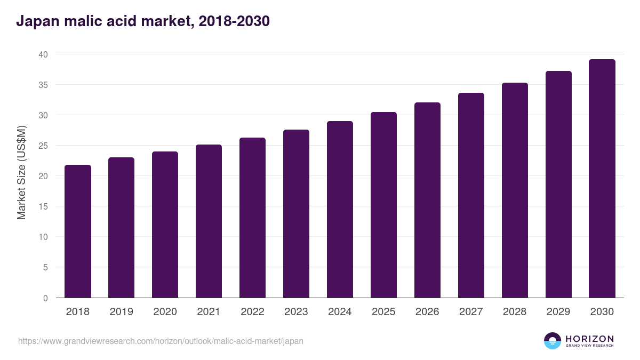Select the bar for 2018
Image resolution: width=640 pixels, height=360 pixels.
click(78, 231)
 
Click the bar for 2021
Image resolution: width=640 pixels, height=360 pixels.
click(209, 221)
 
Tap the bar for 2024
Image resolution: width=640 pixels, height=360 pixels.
click(340, 210)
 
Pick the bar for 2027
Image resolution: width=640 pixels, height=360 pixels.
click(471, 195)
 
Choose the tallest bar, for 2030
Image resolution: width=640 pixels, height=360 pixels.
click(602, 179)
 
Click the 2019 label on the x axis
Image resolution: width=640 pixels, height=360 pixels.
click(121, 312)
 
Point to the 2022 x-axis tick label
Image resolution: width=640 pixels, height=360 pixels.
click(252, 312)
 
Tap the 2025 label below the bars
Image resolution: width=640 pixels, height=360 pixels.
click(383, 312)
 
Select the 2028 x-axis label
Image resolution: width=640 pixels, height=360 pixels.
click(515, 312)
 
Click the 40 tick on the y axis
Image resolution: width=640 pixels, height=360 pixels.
click(43, 54)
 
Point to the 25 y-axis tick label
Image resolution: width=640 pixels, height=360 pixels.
click(43, 146)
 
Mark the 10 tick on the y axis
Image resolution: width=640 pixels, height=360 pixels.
click(43, 237)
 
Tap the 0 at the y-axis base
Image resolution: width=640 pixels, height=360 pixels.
click(45, 298)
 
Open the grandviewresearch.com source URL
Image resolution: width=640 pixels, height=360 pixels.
click(161, 341)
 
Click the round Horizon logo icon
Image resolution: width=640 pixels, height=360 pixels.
click(553, 341)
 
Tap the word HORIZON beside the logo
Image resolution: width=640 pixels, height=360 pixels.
click(589, 339)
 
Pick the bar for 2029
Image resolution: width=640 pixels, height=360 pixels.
click(558, 184)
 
